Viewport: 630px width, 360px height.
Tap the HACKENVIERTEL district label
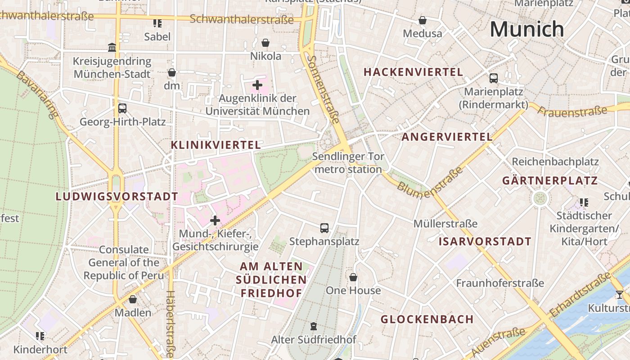413,72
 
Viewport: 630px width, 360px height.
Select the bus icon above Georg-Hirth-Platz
122,108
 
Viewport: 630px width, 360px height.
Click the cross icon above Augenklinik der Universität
257,85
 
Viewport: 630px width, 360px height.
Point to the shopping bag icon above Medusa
422,20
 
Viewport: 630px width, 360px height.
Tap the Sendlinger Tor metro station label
348,163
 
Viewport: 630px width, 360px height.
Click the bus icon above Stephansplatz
324,228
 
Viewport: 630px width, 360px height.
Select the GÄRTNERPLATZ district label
550,181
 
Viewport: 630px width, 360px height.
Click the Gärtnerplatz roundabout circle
540,198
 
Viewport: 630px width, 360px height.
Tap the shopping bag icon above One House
353,277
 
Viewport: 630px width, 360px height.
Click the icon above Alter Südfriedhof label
314,326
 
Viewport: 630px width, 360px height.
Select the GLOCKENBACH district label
427,319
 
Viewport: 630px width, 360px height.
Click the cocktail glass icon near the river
620,295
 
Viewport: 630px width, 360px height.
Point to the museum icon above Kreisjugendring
112,48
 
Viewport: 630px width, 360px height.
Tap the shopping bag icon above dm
171,72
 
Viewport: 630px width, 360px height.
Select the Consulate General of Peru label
124,262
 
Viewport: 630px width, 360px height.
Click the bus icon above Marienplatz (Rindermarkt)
493,78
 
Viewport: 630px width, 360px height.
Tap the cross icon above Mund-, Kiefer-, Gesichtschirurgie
215,220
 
